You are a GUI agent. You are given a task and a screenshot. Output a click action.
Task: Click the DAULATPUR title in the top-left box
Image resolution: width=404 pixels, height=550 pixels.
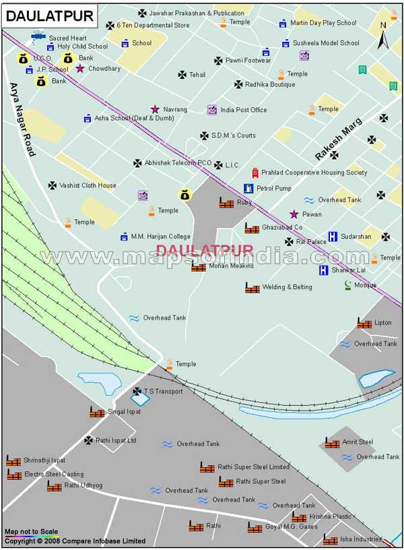click(40, 14)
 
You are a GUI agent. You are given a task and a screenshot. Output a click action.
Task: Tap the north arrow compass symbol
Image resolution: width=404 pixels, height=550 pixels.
click(383, 35)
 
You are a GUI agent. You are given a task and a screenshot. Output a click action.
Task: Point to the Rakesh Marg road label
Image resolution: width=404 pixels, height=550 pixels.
click(339, 140)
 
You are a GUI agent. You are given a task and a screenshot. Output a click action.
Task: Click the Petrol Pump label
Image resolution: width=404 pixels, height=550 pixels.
click(274, 188)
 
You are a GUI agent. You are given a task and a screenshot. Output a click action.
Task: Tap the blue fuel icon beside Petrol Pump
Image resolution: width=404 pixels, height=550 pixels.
click(248, 188)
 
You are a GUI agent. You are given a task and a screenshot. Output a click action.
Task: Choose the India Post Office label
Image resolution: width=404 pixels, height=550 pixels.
click(244, 110)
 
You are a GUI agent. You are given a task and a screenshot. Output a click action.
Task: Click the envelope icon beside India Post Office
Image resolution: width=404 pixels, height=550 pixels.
click(212, 110)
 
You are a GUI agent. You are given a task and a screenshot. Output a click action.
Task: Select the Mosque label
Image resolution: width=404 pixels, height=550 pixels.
click(366, 285)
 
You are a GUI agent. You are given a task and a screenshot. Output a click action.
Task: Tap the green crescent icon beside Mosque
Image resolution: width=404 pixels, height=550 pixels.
click(347, 285)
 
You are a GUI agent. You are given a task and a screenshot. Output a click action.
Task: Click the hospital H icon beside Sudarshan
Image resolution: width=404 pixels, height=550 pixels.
click(333, 237)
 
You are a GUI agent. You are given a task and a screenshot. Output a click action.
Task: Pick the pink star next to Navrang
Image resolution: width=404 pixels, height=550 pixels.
click(155, 109)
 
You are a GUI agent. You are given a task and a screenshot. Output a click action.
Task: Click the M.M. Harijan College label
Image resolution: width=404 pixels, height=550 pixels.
click(160, 237)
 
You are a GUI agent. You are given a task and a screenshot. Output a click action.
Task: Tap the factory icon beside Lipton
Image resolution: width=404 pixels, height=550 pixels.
click(364, 324)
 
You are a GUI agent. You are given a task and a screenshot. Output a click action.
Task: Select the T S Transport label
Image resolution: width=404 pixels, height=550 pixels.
click(163, 391)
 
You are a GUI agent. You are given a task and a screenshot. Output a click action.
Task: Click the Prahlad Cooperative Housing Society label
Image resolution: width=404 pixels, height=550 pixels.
click(314, 173)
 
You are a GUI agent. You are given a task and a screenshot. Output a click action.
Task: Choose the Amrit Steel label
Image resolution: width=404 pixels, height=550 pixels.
click(358, 442)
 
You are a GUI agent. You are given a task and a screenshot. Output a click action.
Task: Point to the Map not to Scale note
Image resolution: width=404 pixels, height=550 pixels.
click(31, 532)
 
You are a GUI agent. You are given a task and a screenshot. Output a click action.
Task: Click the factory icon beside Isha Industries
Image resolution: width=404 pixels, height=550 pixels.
click(330, 540)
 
